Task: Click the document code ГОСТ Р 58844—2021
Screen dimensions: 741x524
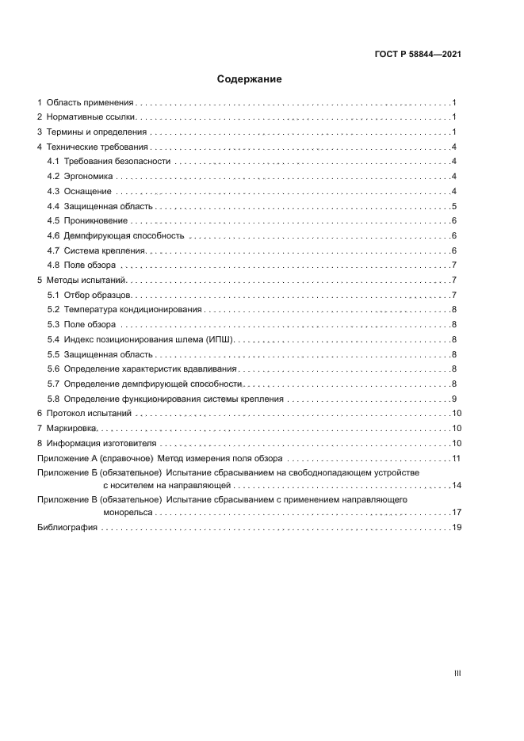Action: tap(419, 55)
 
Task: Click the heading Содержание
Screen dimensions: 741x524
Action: tap(249, 79)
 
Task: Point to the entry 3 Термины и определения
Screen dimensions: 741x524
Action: tap(92, 132)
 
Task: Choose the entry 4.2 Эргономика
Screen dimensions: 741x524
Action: tap(80, 176)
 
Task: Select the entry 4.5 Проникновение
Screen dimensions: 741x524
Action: tap(86, 220)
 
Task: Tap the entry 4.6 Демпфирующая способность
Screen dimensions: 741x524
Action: tap(115, 235)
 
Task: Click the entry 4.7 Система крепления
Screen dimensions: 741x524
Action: tap(94, 250)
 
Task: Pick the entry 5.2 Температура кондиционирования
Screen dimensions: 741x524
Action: tap(124, 310)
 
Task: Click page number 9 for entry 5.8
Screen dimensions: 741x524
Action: tap(453, 399)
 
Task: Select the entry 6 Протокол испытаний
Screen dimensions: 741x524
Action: tap(85, 414)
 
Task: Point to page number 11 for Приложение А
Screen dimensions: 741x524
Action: tap(456, 459)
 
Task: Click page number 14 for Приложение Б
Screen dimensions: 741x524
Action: tap(456, 484)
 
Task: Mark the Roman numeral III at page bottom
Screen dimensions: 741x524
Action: tap(457, 673)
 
